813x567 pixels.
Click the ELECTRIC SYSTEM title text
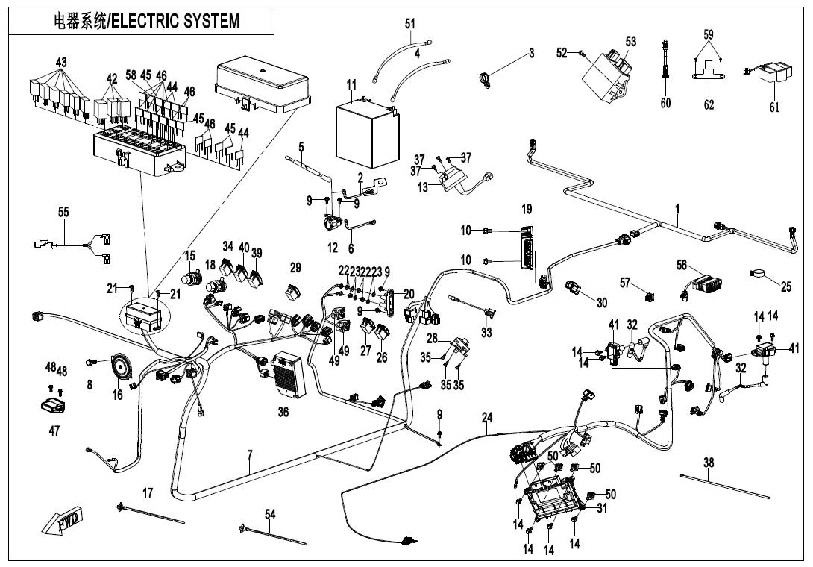tap(147, 21)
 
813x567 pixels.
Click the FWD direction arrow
tap(62, 519)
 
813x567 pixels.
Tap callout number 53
tap(631, 43)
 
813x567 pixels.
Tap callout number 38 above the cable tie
tap(709, 463)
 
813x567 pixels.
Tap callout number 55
tap(63, 212)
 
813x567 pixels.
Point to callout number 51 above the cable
tap(410, 24)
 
